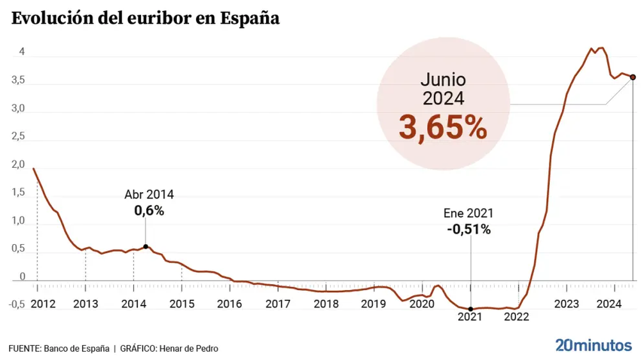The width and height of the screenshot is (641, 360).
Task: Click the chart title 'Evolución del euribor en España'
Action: (x=145, y=18)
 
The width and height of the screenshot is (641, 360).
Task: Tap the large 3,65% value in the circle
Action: (x=442, y=127)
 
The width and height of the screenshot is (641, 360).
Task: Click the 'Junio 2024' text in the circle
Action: (x=442, y=89)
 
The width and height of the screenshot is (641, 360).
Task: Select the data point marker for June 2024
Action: (x=633, y=77)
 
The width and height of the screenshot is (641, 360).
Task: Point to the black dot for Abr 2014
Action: (x=146, y=247)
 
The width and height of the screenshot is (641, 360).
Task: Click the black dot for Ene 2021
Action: (x=470, y=309)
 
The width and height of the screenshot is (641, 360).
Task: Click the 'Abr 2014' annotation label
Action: (x=149, y=195)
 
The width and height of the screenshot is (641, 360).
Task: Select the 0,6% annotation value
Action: (x=149, y=209)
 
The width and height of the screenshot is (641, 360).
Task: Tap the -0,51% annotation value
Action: (x=469, y=229)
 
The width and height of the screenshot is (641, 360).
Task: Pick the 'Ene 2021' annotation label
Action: (x=469, y=214)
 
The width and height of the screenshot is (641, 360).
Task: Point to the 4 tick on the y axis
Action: (x=22, y=53)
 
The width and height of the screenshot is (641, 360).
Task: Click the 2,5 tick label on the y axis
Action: (x=18, y=137)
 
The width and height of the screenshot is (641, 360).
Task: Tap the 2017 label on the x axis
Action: (x=278, y=304)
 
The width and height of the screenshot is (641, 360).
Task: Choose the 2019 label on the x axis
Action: (x=374, y=304)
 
